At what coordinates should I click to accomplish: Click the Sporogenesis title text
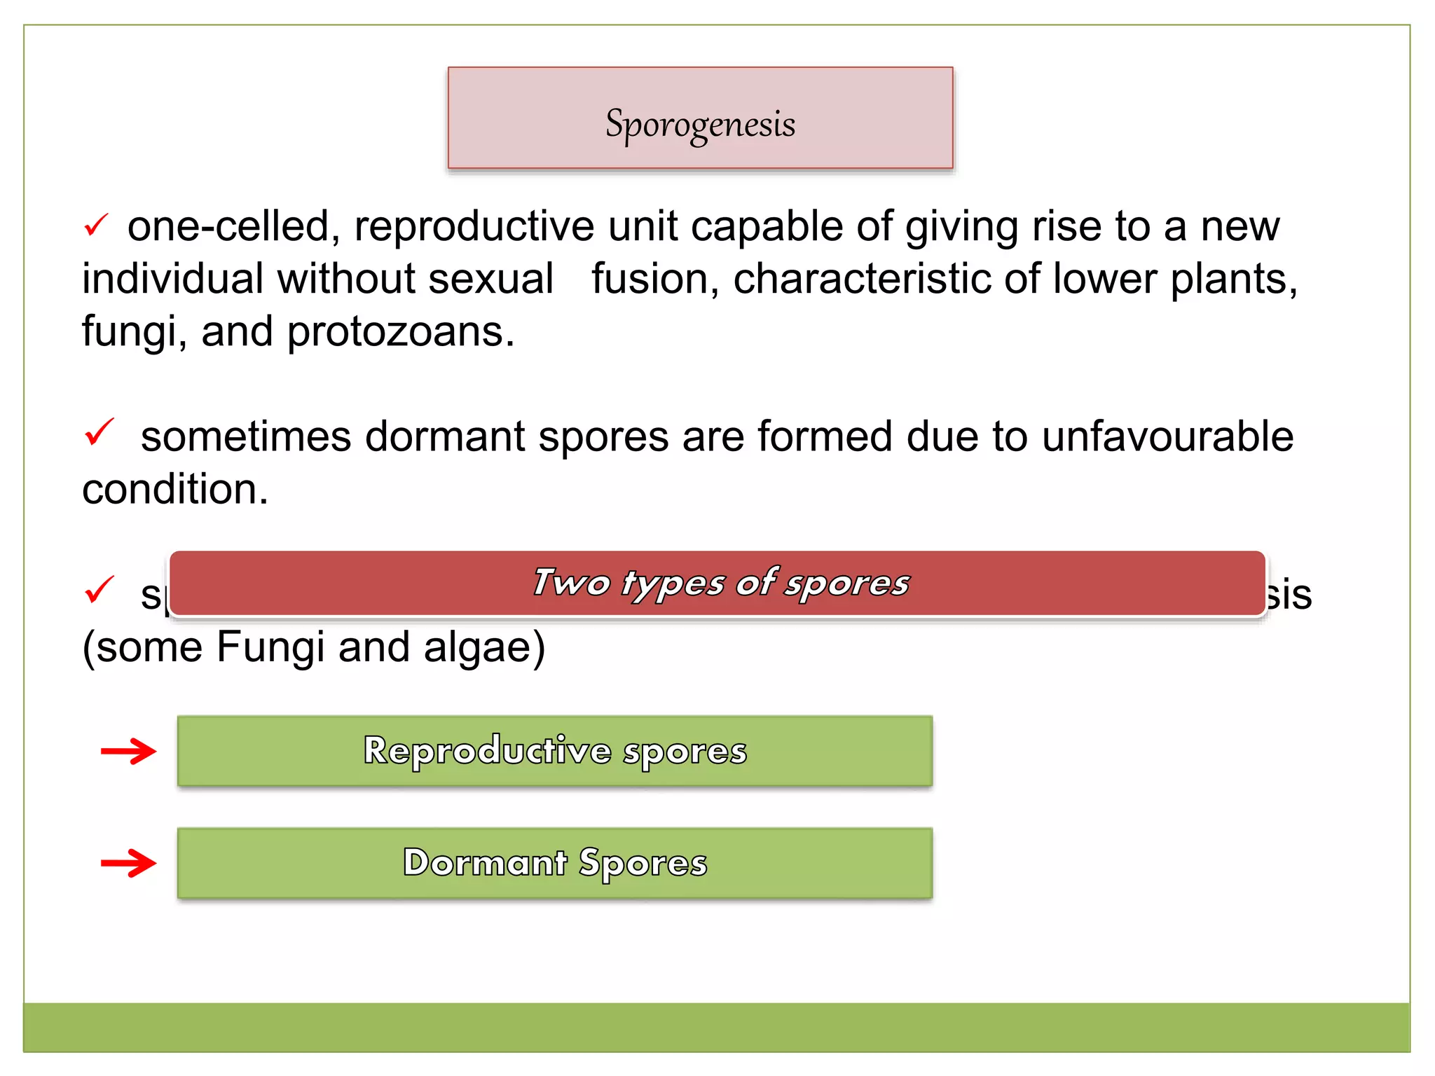point(700,124)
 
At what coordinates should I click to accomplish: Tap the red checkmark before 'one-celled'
point(95,226)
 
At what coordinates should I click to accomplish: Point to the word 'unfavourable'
point(1167,436)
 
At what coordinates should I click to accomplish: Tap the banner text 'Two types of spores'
point(720,583)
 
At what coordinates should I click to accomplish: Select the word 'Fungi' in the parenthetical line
point(270,647)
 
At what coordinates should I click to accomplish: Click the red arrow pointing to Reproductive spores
point(128,752)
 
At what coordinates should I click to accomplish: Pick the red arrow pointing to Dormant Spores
point(128,863)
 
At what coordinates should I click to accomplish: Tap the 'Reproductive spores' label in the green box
point(555,751)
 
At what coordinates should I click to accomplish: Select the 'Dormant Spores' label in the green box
point(555,862)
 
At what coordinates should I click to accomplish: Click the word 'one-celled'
point(228,226)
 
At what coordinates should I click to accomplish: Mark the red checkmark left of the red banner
point(99,590)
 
